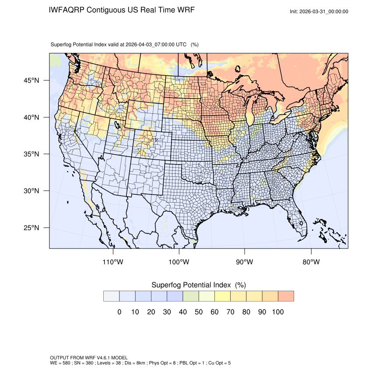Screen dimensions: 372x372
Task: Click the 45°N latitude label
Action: [x=32, y=81]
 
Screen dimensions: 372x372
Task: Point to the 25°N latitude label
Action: [x=32, y=228]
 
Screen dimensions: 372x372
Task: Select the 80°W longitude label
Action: [x=311, y=262]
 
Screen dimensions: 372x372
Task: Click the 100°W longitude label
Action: [x=179, y=262]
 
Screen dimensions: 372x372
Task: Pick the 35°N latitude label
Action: [x=32, y=154]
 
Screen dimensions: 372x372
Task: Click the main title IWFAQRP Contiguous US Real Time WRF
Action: [x=122, y=10]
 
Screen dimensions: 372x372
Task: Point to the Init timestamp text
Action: [x=319, y=11]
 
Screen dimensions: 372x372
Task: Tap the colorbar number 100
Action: [x=277, y=312]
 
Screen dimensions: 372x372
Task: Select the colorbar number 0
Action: [x=119, y=312]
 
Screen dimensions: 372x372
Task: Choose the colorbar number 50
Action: [x=198, y=312]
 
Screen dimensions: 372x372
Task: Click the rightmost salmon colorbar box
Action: [x=285, y=296]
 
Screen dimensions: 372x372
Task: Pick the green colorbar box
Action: [x=190, y=296]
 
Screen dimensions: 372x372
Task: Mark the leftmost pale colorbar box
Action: [x=111, y=296]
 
